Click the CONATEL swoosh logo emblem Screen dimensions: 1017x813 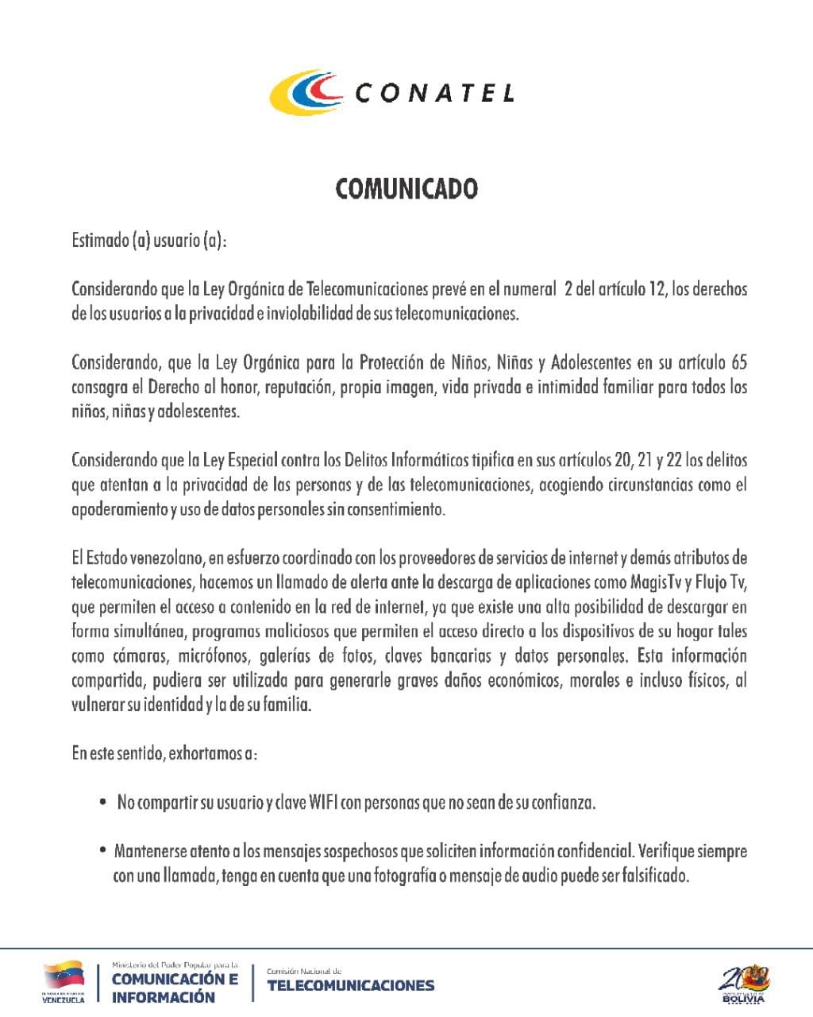[x=305, y=92]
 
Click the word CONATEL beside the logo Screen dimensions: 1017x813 [x=434, y=94]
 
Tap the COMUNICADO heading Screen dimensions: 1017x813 [x=406, y=189]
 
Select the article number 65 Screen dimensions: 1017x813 [x=738, y=363]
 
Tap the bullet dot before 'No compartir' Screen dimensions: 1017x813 [x=103, y=802]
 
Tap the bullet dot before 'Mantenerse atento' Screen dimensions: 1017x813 [x=103, y=851]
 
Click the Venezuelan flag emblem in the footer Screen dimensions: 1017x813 [x=64, y=976]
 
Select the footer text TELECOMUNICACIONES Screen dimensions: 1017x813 [x=351, y=986]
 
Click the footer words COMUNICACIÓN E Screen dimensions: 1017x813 [x=175, y=979]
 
